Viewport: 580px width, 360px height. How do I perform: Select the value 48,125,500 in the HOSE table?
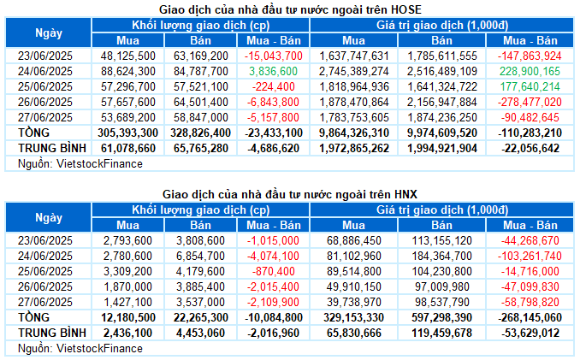128,56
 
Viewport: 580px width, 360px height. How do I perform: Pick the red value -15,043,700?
273,56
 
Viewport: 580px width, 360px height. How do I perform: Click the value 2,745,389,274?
352,71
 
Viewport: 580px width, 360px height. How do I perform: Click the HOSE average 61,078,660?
128,148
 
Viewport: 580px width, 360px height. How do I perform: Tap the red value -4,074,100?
275,257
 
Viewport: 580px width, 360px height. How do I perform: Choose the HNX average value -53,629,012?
527,333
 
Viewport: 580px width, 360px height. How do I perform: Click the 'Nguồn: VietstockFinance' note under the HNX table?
73,348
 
